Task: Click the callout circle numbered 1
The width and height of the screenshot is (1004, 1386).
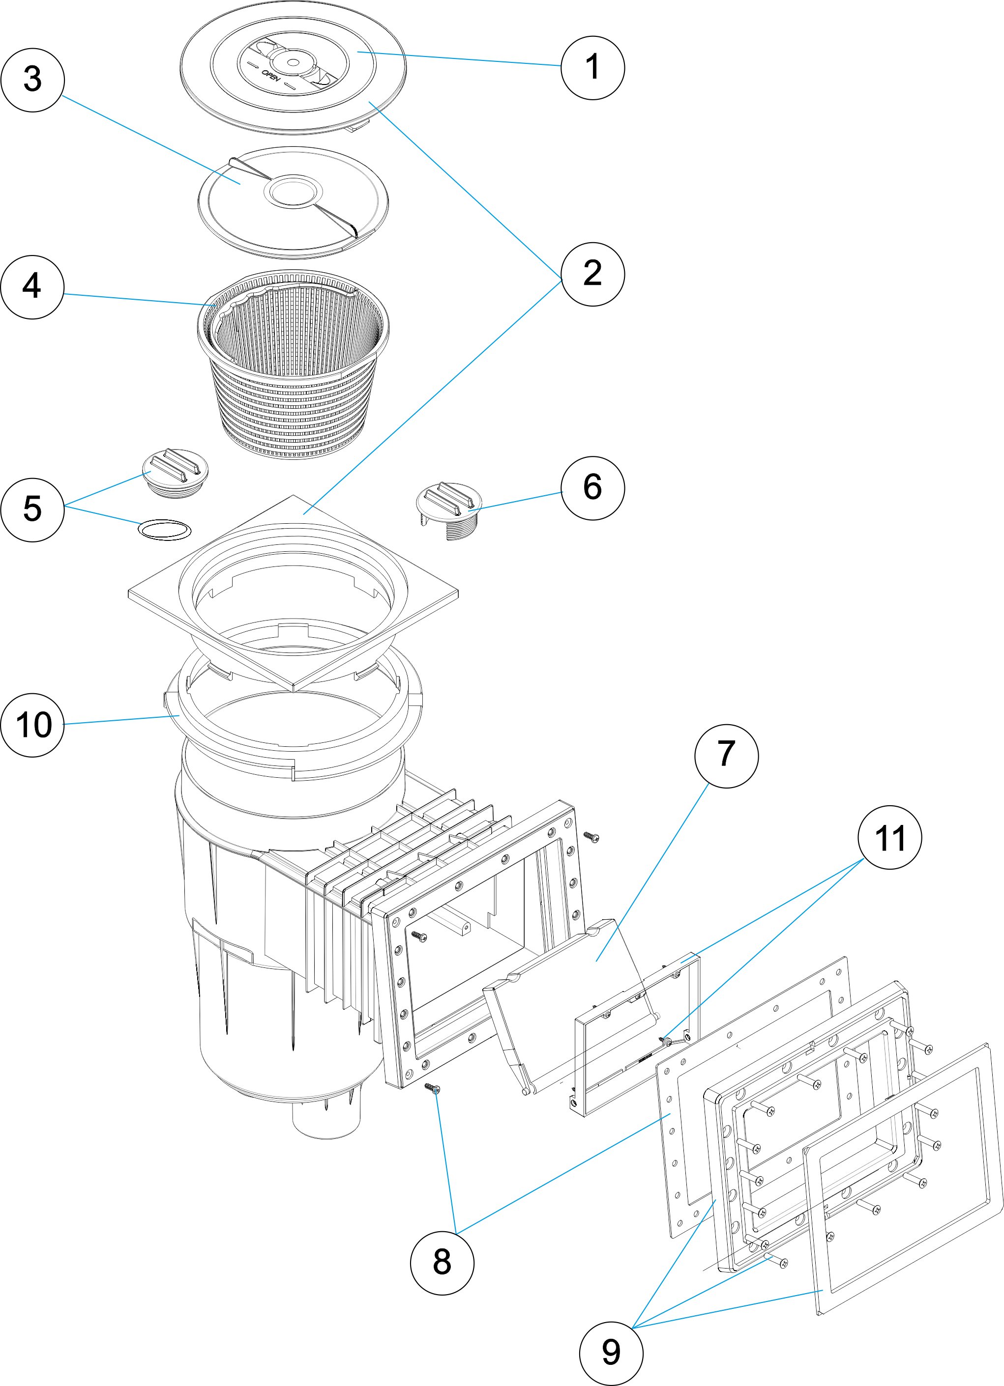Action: [592, 67]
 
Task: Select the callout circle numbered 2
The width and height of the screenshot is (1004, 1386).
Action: [592, 273]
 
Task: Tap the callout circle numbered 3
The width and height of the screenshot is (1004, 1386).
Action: [32, 80]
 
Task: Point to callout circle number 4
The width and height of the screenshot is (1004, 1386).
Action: [32, 286]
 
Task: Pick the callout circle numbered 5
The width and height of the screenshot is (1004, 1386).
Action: [32, 509]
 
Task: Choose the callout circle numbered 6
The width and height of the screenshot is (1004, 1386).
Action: [592, 488]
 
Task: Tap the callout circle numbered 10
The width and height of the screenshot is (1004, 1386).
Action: [32, 725]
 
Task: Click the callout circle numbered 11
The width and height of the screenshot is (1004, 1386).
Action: [889, 837]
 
